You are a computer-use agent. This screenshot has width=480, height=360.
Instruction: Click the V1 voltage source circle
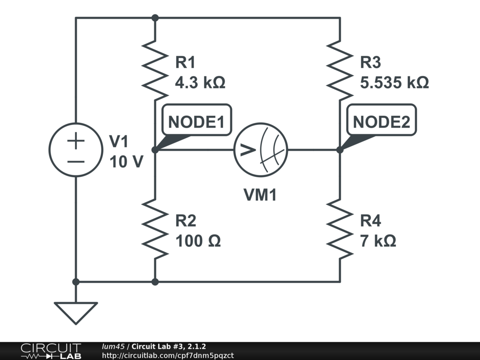point(75,150)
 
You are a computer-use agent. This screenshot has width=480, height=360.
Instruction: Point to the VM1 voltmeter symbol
point(261,150)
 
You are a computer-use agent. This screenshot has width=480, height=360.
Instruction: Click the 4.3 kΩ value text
point(200,83)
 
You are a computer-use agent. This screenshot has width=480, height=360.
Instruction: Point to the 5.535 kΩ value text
point(394,83)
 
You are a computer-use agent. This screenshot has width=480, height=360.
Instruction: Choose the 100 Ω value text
point(198,241)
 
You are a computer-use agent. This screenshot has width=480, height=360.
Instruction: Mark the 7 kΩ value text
point(378,241)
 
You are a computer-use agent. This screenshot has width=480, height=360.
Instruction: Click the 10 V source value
point(126,162)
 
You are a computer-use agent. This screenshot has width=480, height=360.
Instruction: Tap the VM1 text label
point(260,195)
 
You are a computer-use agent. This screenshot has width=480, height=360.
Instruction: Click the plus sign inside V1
point(75,141)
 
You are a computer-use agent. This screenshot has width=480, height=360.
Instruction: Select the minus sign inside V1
point(75,161)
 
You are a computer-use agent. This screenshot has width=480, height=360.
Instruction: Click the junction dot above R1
point(155,18)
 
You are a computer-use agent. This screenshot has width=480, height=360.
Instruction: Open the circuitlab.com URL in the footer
point(167,356)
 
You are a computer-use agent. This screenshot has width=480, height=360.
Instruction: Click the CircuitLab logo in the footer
point(50,351)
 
